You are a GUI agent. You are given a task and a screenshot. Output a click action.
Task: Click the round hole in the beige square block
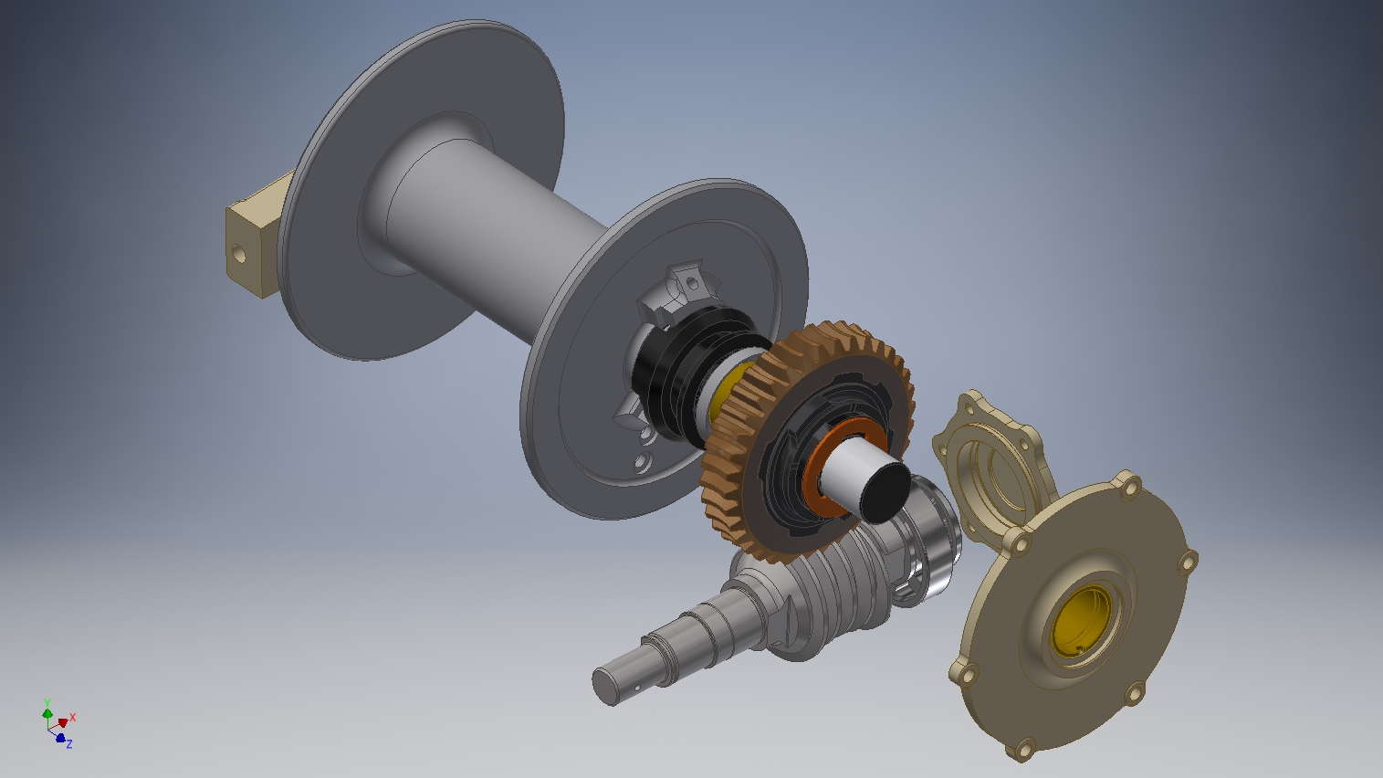(x=238, y=253)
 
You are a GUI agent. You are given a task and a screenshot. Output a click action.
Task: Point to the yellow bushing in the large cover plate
(x=1081, y=624)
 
